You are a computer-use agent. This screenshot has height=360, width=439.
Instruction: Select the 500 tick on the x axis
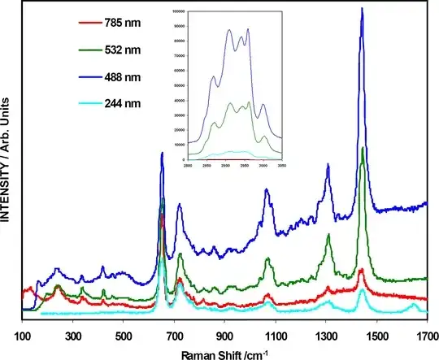(x=124, y=335)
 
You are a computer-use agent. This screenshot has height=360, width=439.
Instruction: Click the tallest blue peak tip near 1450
(x=362, y=8)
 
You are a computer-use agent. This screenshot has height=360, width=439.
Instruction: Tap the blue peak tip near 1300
(x=328, y=165)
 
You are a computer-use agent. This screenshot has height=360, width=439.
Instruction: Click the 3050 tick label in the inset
(x=283, y=163)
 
